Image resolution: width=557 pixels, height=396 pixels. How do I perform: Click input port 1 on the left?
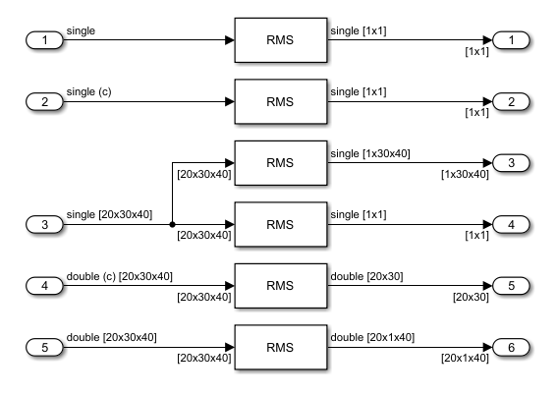42,40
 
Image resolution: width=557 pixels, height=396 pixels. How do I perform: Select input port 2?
42,101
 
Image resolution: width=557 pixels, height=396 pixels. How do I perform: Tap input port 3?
42,224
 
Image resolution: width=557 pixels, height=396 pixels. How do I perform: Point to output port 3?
512,163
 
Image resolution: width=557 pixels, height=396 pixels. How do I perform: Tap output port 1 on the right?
512,40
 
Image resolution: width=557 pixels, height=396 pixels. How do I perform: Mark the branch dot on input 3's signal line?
173,224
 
